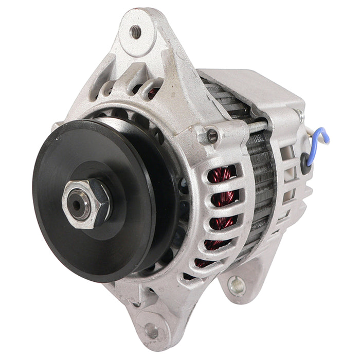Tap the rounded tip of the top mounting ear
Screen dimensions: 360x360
point(135,15)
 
